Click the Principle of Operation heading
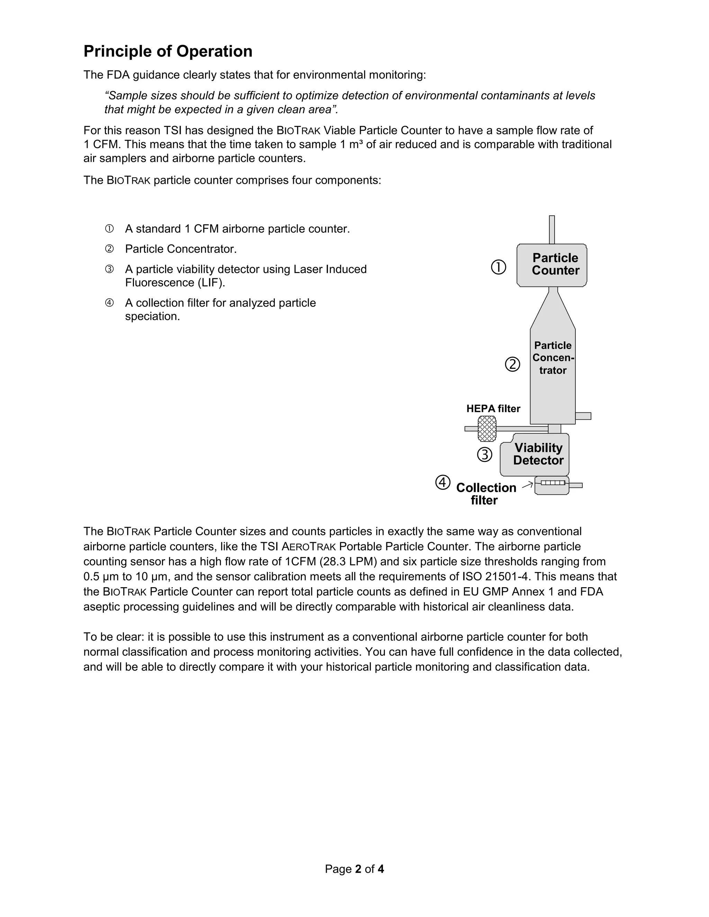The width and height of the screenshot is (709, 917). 168,51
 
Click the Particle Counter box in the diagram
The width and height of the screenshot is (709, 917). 552,265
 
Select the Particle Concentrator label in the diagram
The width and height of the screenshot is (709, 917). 553,358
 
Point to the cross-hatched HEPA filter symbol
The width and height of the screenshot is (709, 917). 487,429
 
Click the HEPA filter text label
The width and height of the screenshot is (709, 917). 493,409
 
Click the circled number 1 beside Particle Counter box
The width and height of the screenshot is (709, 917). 499,267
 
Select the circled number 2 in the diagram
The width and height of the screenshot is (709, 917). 512,364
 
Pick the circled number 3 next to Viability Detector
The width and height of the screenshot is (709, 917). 485,455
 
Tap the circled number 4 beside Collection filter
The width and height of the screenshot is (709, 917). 443,482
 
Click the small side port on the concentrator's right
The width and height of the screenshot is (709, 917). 583,416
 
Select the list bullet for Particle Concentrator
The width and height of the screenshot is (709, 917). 109,249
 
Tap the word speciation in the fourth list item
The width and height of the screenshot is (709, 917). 152,316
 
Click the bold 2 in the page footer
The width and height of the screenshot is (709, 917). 358,869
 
